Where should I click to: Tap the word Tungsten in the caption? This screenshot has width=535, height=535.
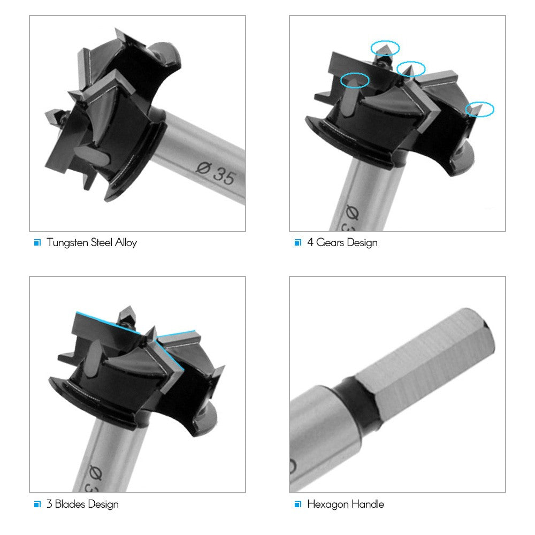pyautogui.click(x=66, y=243)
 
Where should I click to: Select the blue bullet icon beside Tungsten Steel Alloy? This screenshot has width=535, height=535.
pyautogui.click(x=37, y=243)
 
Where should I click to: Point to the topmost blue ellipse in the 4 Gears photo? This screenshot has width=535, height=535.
pyautogui.click(x=385, y=47)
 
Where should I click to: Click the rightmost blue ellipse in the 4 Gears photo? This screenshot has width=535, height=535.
pyautogui.click(x=480, y=109)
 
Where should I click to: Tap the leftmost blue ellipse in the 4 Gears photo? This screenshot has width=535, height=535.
pyautogui.click(x=355, y=80)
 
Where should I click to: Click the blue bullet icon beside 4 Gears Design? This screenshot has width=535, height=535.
pyautogui.click(x=297, y=243)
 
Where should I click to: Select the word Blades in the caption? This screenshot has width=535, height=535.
pyautogui.click(x=72, y=504)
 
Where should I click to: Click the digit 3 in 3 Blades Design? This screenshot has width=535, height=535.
pyautogui.click(x=50, y=504)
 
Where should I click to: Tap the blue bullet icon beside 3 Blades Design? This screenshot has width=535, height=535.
pyautogui.click(x=37, y=504)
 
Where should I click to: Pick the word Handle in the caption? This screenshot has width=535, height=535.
pyautogui.click(x=369, y=504)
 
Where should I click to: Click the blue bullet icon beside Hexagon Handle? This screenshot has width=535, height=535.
pyautogui.click(x=297, y=504)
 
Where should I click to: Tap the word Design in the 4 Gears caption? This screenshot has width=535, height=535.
pyautogui.click(x=362, y=243)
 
